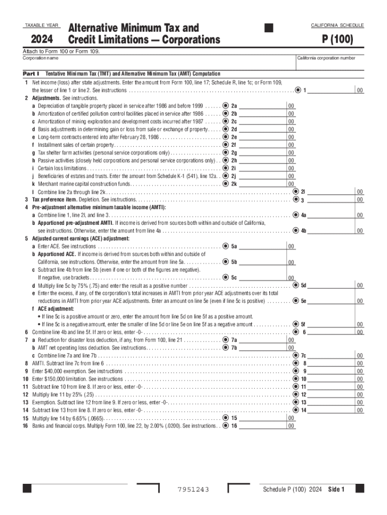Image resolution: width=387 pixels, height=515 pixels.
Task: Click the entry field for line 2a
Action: [262, 106]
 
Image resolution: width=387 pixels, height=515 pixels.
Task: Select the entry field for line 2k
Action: [262, 184]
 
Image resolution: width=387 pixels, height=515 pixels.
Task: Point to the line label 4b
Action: [304, 231]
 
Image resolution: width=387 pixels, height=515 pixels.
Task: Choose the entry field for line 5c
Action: [262, 277]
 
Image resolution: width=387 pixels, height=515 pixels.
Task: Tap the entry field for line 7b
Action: [262, 348]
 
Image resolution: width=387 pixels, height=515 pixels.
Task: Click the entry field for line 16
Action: [262, 425]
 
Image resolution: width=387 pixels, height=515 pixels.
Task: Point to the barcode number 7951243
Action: [193, 490]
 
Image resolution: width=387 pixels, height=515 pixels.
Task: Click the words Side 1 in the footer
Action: [336, 490]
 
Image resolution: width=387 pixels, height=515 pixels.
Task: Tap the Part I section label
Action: [31, 73]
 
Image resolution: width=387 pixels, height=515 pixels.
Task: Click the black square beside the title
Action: [268, 28]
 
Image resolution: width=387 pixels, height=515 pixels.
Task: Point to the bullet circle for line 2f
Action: [225, 145]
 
